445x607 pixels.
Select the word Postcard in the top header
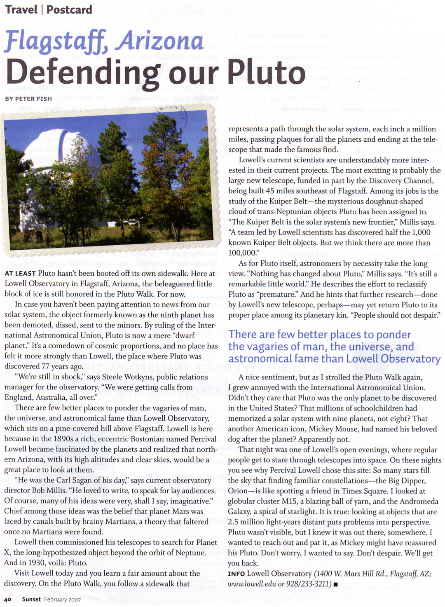point(69,9)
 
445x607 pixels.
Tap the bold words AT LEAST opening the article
point(20,274)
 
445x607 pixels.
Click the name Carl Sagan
point(70,480)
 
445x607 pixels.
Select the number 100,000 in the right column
point(242,253)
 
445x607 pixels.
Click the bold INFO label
point(236,574)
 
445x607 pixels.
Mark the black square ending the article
point(336,584)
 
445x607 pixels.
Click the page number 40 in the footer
point(8,600)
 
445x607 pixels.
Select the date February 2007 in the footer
point(62,600)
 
